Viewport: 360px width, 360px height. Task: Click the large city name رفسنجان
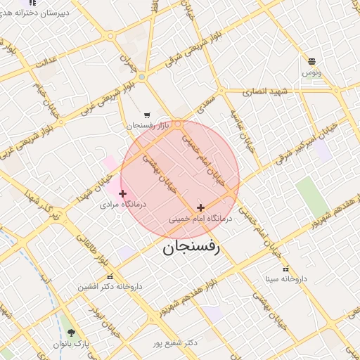(192, 247)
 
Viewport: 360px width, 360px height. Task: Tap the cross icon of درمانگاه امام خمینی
(201, 207)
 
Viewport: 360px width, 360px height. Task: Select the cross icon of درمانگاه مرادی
(123, 193)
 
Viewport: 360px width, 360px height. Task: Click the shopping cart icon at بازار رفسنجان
(147, 115)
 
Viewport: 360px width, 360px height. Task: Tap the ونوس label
(311, 72)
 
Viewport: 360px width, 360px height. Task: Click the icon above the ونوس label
(311, 61)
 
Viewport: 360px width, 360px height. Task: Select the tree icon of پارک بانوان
(70, 333)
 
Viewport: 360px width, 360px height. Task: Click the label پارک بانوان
(70, 345)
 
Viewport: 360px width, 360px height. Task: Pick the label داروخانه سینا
(285, 279)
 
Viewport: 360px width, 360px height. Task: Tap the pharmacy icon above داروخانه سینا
(285, 269)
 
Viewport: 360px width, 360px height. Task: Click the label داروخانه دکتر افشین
(110, 287)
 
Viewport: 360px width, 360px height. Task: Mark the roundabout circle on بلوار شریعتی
(141, 77)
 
